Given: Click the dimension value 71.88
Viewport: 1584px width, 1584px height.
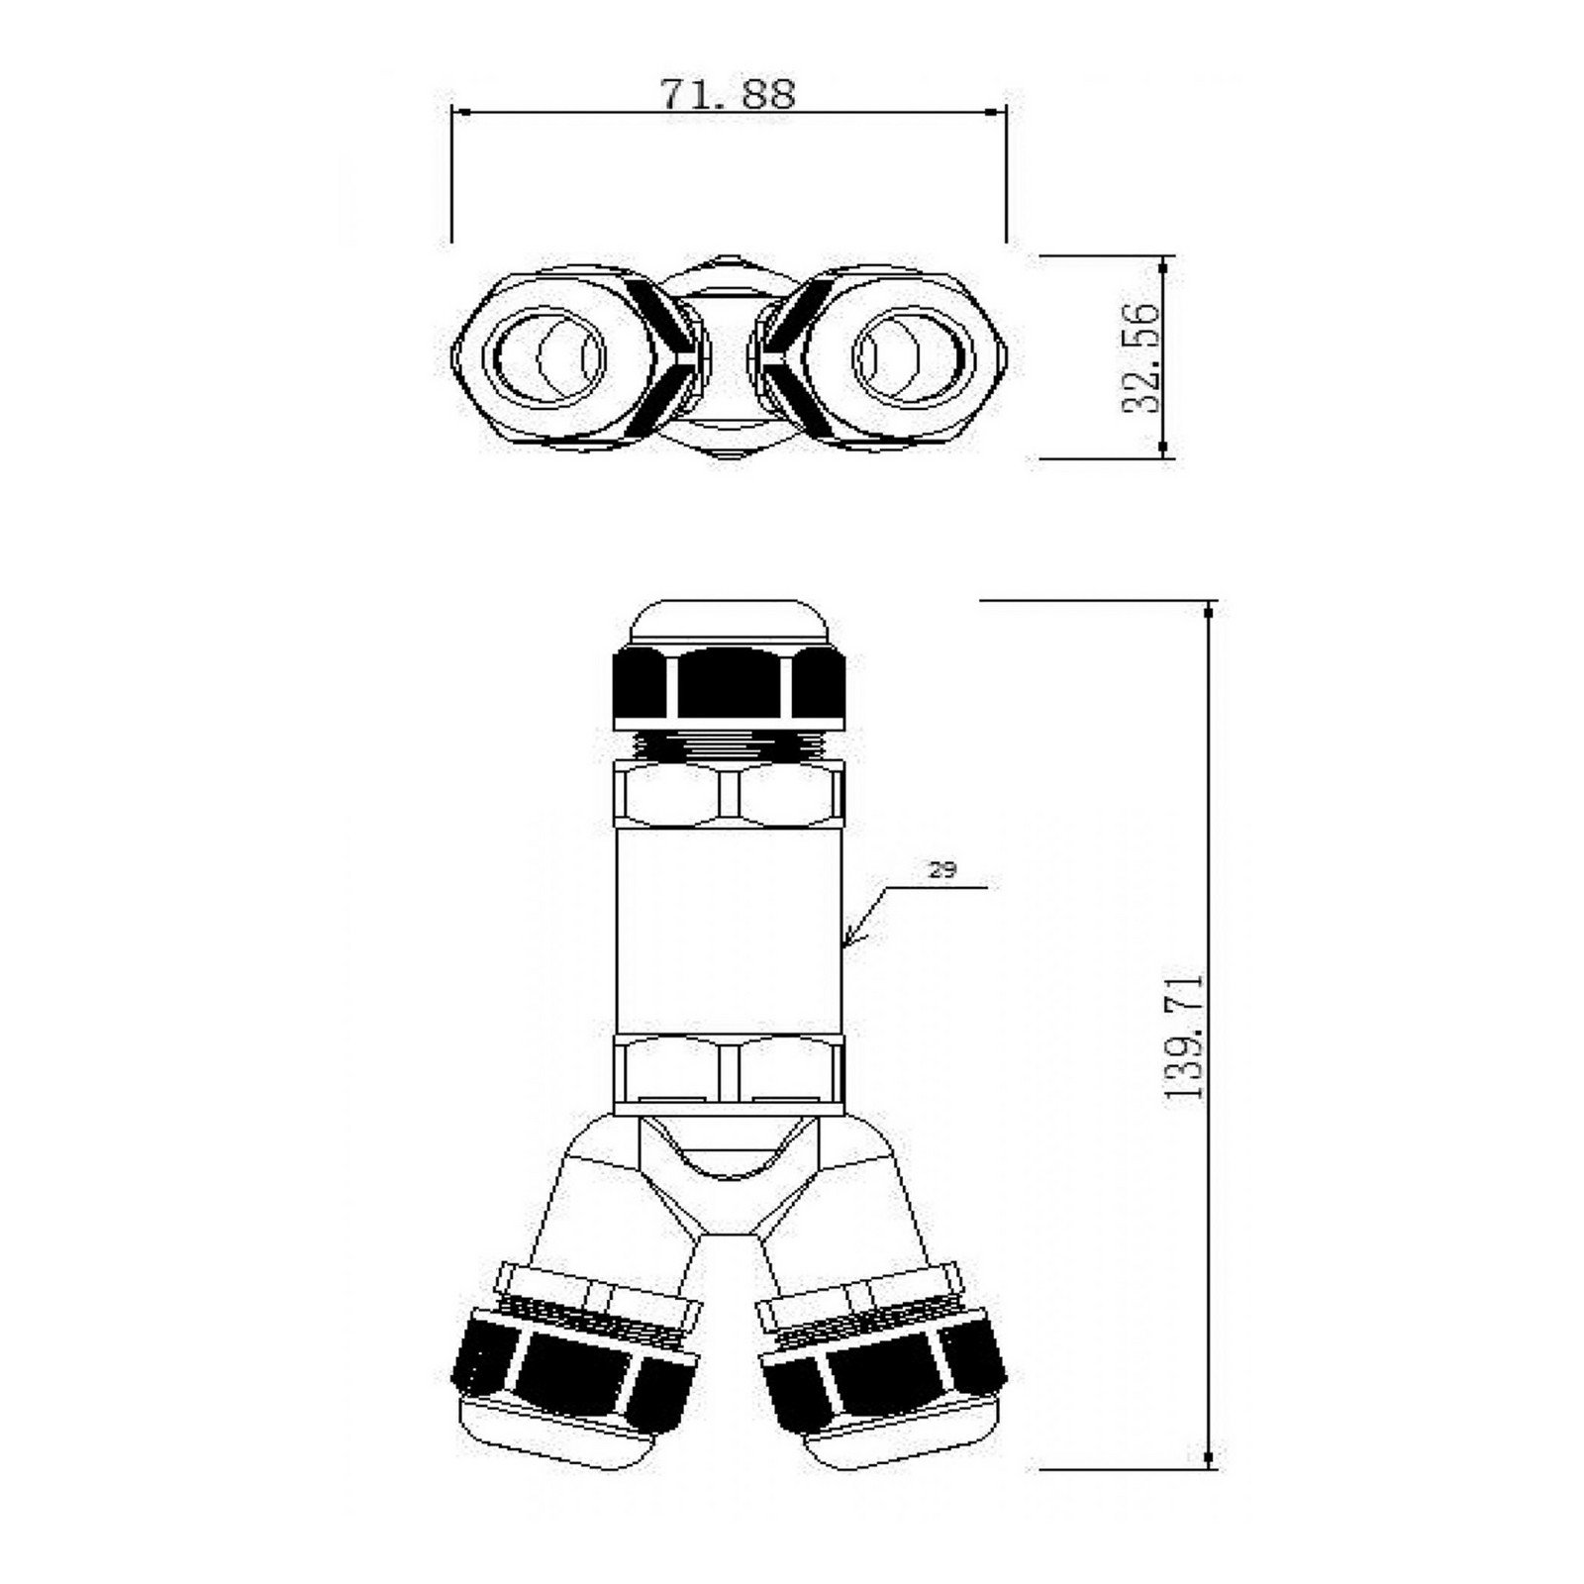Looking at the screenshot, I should click(x=728, y=94).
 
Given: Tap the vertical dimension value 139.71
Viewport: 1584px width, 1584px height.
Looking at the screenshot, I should click(x=1184, y=1036).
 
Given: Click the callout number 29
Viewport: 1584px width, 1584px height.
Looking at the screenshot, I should click(x=941, y=870).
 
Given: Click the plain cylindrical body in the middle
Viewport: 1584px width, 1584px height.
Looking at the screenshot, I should click(x=729, y=931).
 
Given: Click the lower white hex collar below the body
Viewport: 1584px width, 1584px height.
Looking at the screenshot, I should click(x=729, y=1071).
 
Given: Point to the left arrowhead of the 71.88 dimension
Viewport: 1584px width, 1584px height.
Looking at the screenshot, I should click(x=458, y=113).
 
